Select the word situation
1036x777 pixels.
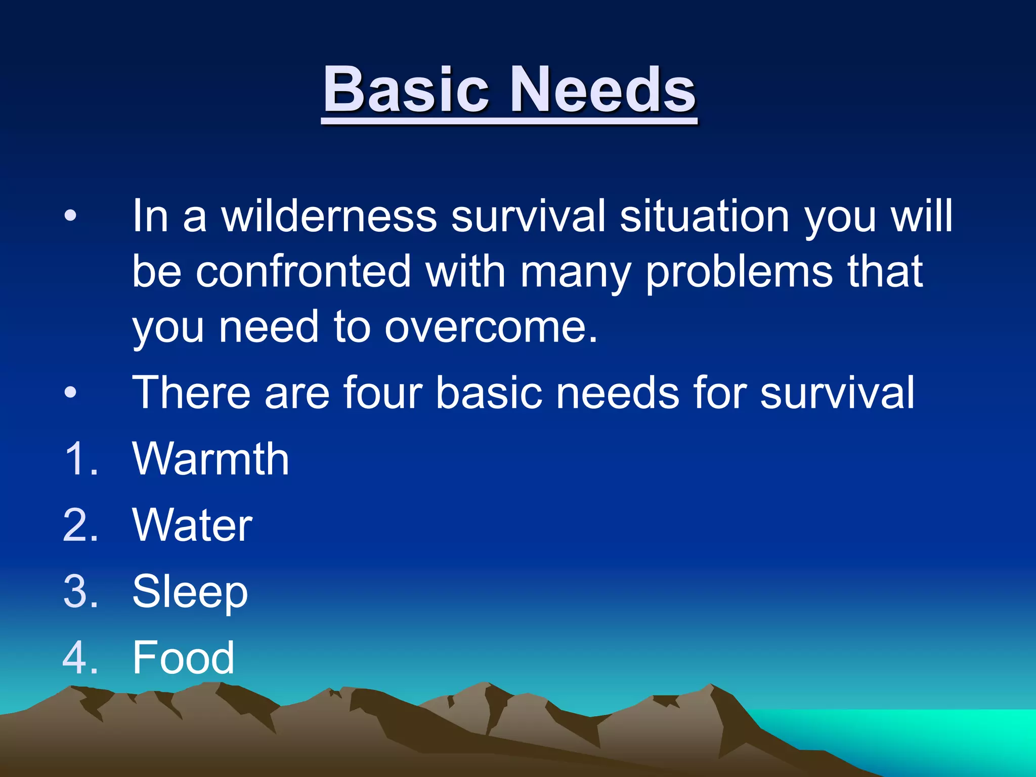coord(705,216)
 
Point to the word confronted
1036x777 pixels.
coord(304,272)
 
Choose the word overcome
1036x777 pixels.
coord(491,328)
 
